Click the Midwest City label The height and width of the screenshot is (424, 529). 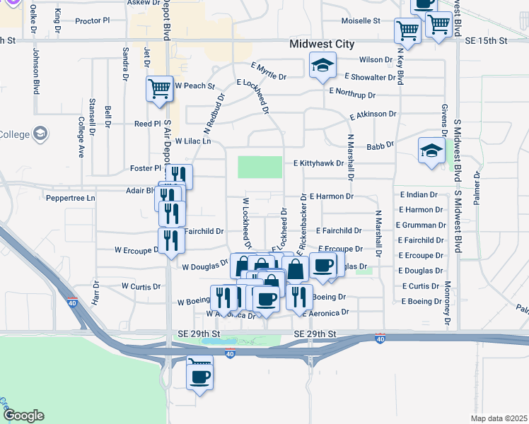tap(322, 44)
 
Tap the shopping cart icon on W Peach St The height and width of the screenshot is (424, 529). tap(160, 89)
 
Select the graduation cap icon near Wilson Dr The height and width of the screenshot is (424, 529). tap(322, 67)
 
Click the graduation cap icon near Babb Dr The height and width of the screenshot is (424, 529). tap(431, 150)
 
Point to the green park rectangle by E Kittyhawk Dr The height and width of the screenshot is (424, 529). tap(260, 167)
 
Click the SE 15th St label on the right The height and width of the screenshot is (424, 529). tap(487, 41)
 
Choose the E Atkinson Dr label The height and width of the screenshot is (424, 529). tap(373, 113)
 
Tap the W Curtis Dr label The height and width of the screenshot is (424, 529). tap(141, 286)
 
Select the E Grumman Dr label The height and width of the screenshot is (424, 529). tap(422, 225)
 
